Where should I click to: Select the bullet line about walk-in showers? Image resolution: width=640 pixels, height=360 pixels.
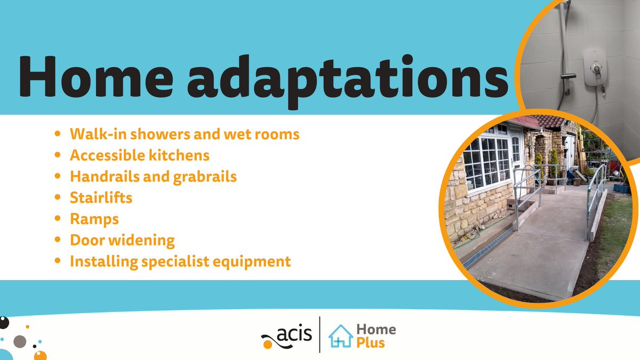pyautogui.click(x=185, y=134)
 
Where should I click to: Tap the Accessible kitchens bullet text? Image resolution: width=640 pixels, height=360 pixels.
pyautogui.click(x=140, y=155)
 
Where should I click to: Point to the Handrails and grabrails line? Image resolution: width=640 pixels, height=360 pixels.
pyautogui.click(x=153, y=177)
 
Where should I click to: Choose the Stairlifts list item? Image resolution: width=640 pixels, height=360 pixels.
pyautogui.click(x=101, y=198)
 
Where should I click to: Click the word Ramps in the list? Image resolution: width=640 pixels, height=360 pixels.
pyautogui.click(x=94, y=219)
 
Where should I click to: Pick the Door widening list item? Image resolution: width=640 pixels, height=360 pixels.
pyautogui.click(x=122, y=241)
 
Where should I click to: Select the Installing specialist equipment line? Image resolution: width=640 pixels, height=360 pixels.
pyautogui.click(x=180, y=262)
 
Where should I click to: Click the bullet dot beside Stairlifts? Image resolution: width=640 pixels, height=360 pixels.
pyautogui.click(x=58, y=198)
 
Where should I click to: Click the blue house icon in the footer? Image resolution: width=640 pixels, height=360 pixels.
pyautogui.click(x=340, y=336)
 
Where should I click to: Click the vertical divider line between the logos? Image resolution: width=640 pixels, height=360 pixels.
pyautogui.click(x=319, y=334)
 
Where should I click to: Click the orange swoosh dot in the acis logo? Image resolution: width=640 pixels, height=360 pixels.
pyautogui.click(x=267, y=345)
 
